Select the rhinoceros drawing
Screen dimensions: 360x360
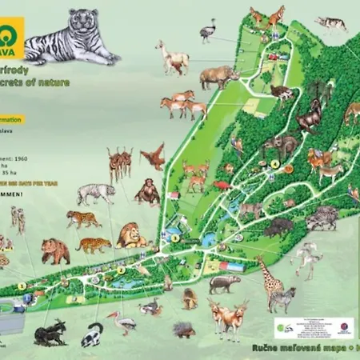pos(218,77)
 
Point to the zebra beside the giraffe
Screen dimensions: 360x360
pos(282,298)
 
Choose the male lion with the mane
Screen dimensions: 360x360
pos(130,235)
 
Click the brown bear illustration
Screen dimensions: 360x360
pos(55,251)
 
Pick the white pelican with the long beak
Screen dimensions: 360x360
pos(122,322)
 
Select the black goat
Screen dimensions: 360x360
pos(50,332)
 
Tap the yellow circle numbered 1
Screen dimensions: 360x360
pos(22,285)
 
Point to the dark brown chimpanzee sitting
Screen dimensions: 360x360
pos(146,193)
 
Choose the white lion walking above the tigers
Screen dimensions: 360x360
pos(96,193)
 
